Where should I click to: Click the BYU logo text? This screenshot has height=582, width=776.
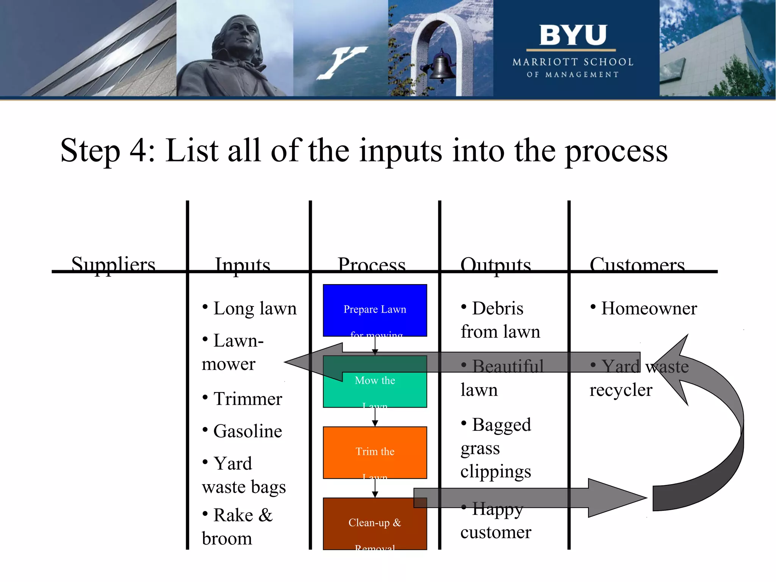coord(573,35)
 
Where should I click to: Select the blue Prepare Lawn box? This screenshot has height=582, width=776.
coord(375,310)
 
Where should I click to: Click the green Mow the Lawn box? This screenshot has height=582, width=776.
coord(375,390)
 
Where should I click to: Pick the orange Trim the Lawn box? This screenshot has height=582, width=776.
coord(375,452)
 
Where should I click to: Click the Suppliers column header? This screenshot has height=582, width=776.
coord(113,264)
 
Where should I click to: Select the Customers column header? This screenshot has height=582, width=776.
coord(637,264)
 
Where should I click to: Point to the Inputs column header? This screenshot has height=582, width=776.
coord(242,264)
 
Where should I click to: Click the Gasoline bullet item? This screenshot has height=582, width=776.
coord(247,431)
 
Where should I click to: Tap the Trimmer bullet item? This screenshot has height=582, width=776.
coord(247,399)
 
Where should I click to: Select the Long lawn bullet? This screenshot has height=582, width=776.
coord(255,308)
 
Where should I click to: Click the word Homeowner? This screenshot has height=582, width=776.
coord(649,308)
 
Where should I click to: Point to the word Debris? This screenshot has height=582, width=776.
coord(497,308)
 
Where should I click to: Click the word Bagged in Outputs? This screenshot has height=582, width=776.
coord(501,425)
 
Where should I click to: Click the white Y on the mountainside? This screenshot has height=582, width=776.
coord(341,62)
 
